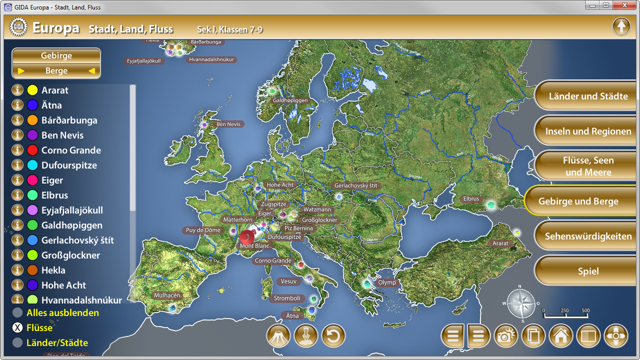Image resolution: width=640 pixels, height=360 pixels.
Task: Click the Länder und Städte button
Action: click(588, 96)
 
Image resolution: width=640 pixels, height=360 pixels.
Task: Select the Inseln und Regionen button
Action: click(588, 131)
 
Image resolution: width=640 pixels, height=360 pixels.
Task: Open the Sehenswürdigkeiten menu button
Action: click(588, 236)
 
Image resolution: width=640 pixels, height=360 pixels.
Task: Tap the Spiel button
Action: click(588, 271)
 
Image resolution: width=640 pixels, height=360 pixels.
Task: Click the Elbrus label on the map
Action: click(471, 199)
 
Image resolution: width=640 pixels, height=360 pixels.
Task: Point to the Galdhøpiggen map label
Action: click(290, 100)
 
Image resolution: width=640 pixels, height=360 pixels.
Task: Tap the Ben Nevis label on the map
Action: click(228, 124)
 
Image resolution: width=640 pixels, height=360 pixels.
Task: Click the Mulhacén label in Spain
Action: click(167, 295)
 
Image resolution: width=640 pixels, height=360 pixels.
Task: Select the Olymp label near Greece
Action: click(386, 282)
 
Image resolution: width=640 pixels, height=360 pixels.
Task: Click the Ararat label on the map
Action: click(500, 243)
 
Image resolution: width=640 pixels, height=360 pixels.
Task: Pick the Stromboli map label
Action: click(287, 298)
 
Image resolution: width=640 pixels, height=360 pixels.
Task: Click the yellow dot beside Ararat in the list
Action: click(32, 90)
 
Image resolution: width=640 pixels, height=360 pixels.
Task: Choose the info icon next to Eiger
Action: click(17, 180)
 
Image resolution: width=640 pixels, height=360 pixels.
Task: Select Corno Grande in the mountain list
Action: click(71, 150)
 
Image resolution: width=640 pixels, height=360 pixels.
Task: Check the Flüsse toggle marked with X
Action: click(17, 328)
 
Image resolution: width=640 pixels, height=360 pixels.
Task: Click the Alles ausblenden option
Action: click(62, 313)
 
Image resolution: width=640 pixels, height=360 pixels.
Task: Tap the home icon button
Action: click(560, 336)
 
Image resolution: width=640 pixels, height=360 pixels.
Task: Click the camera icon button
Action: click(505, 336)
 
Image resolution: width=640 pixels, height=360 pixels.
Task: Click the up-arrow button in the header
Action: click(621, 26)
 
